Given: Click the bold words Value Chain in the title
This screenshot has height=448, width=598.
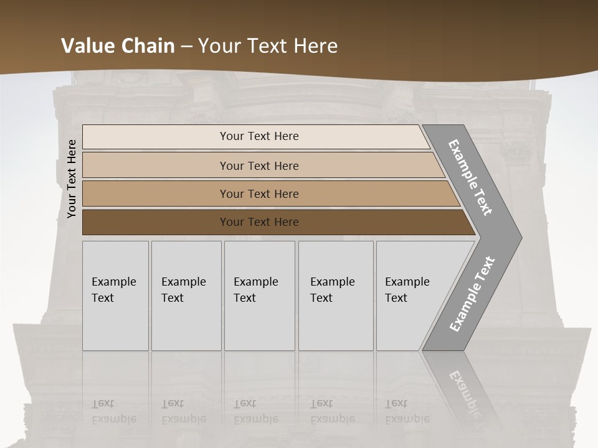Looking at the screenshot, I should tap(118, 46).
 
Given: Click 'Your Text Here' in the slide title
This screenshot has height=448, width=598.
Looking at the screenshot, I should tap(268, 46).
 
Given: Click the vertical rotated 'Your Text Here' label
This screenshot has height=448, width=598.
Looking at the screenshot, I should tap(72, 179).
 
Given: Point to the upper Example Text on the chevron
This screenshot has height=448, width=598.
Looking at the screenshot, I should tap(470, 178).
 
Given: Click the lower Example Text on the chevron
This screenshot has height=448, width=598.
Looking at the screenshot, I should tap(472, 294).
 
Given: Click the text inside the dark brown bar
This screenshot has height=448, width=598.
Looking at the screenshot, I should tap(259, 222).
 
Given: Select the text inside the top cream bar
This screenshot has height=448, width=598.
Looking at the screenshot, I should tap(259, 136).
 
